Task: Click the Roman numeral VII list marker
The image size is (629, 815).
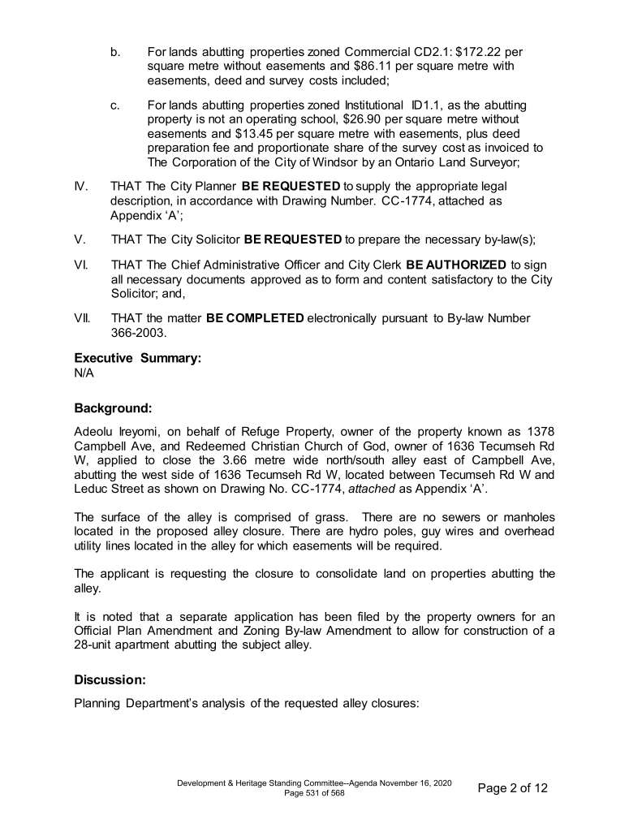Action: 82,318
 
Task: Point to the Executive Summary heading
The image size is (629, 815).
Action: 137,357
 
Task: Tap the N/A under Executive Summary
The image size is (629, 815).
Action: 84,373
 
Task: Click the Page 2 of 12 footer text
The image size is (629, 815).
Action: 513,787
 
